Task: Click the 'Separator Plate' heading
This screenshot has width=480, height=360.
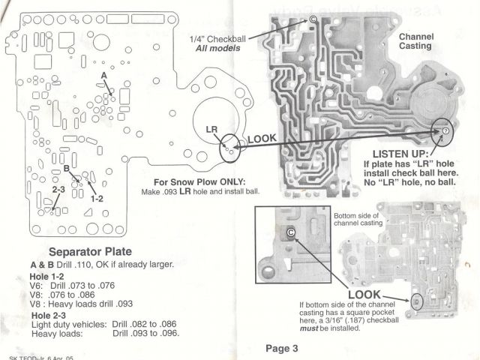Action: point(97,251)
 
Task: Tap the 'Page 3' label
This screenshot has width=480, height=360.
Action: point(282,348)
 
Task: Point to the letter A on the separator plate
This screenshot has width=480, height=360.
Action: point(103,76)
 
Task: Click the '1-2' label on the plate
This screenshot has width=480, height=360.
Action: point(97,199)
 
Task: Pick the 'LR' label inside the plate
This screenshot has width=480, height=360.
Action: point(211,130)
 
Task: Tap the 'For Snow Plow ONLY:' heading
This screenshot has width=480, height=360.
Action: point(199,182)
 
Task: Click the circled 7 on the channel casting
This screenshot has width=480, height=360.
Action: point(445,130)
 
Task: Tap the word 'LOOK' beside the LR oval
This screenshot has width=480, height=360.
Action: point(262,139)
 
